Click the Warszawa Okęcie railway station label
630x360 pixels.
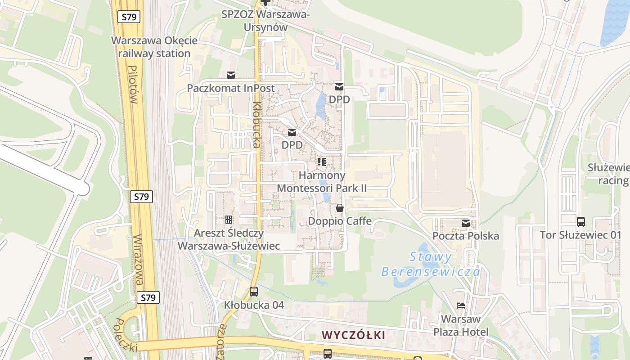tap(154, 47)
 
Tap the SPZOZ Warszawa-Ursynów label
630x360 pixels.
tap(265, 21)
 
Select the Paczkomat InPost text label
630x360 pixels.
tap(230, 88)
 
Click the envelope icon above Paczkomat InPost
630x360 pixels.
tap(231, 75)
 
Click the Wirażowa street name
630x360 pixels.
tap(140, 260)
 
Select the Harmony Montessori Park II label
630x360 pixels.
tap(322, 181)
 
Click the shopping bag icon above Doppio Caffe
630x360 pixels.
tap(340, 208)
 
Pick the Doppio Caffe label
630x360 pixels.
tap(340, 221)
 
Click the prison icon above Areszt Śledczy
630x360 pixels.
tap(229, 220)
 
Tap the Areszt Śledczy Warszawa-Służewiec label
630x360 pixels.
tap(229, 239)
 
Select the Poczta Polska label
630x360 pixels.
tap(465, 236)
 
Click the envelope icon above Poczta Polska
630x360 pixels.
tap(465, 223)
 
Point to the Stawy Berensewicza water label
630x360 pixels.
tap(431, 265)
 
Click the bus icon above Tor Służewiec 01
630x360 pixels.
tap(580, 221)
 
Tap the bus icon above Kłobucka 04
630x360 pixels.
tap(254, 291)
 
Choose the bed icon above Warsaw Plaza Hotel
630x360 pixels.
tap(461, 306)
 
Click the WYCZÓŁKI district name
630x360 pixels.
tap(354, 335)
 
